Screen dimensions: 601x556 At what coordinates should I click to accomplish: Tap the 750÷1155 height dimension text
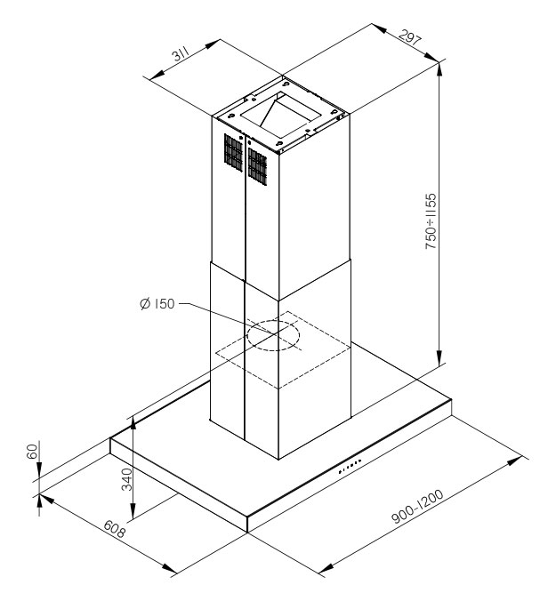coord(431,224)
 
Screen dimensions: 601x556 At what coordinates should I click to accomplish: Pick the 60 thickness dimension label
coord(33,451)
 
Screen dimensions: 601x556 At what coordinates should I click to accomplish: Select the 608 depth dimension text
coord(113,529)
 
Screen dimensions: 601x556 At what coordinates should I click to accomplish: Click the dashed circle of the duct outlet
coord(272,337)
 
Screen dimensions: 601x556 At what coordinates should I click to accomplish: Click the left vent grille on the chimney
coord(231,153)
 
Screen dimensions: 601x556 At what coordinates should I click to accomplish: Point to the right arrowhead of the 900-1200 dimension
coord(518,461)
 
